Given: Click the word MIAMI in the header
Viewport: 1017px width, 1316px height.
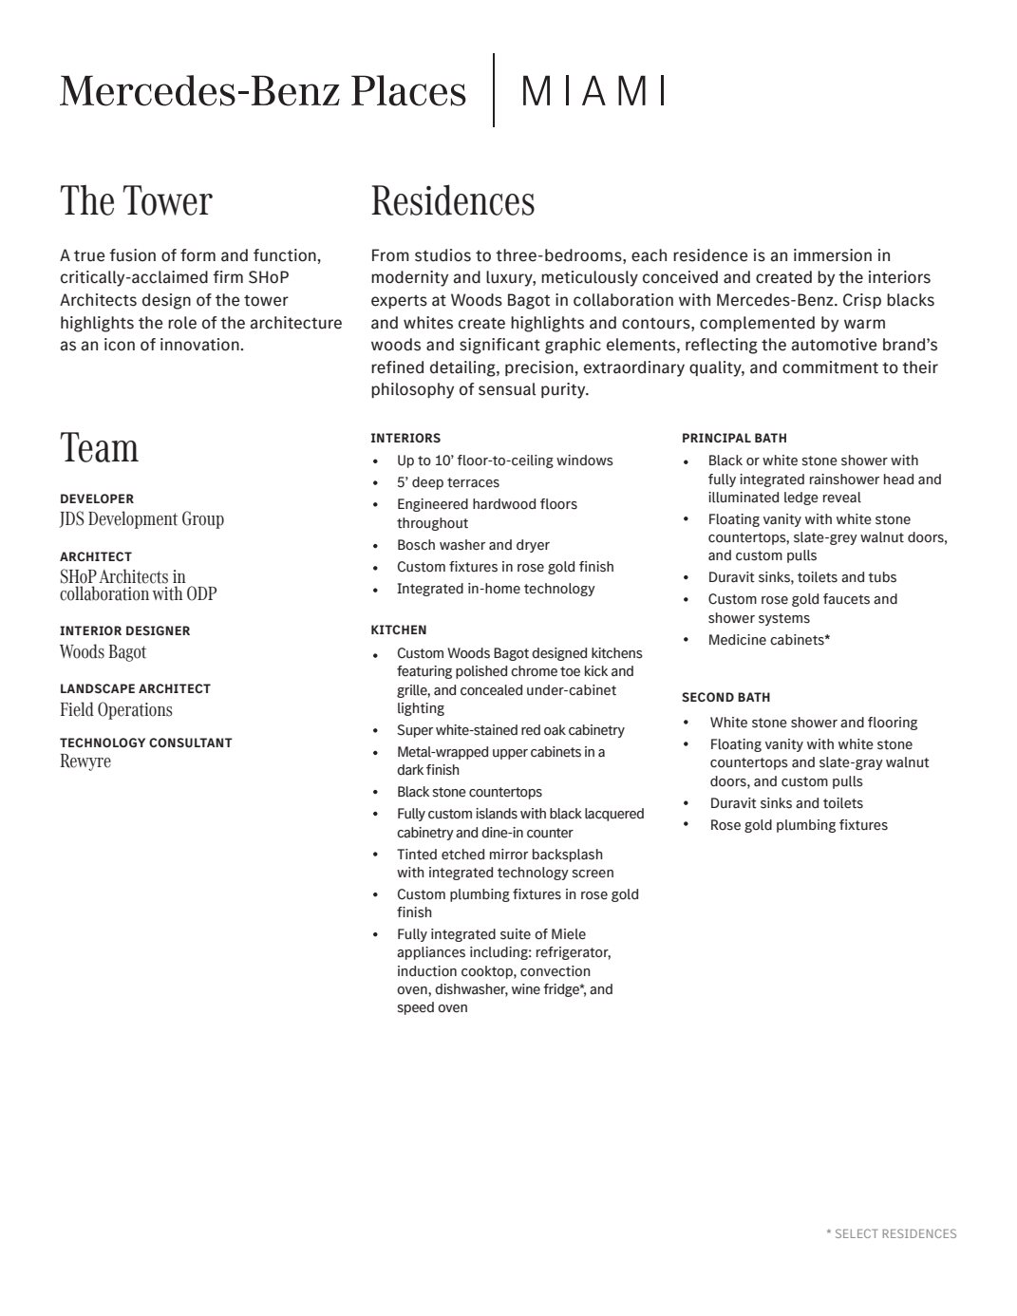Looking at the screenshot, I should [x=593, y=91].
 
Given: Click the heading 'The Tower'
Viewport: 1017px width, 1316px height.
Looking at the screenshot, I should [x=136, y=201].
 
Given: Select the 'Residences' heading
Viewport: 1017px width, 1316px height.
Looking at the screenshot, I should [x=452, y=201].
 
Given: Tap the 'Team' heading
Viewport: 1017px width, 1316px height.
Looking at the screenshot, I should [x=99, y=448].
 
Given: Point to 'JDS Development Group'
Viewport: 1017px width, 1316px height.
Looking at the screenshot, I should [x=141, y=519].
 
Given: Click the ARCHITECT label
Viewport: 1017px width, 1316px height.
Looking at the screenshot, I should [x=95, y=556].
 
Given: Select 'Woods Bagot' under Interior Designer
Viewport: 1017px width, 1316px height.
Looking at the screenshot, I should [x=103, y=652].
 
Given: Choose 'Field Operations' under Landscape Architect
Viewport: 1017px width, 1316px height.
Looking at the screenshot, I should [x=116, y=710].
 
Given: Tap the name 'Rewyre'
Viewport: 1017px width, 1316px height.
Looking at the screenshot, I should [x=85, y=761].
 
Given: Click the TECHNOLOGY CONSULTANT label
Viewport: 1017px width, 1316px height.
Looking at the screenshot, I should [x=145, y=743].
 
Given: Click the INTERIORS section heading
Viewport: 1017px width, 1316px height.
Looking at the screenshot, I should [x=405, y=439].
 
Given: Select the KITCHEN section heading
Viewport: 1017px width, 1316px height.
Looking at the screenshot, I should [x=398, y=630].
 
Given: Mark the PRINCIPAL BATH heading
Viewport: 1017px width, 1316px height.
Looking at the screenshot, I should [x=734, y=439].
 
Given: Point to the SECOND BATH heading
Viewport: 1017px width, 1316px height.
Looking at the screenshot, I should [x=725, y=697].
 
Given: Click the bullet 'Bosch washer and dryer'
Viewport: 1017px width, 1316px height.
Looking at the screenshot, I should [x=473, y=545].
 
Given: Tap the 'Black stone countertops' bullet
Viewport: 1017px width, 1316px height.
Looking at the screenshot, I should [x=469, y=792].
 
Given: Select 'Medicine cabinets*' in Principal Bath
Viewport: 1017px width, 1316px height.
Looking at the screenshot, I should [x=768, y=640].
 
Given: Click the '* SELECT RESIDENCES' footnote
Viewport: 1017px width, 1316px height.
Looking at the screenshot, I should [x=891, y=1233].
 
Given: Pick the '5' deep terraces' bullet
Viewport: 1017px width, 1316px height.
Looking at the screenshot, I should [x=447, y=482].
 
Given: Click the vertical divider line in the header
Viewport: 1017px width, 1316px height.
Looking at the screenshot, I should [x=494, y=90].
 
